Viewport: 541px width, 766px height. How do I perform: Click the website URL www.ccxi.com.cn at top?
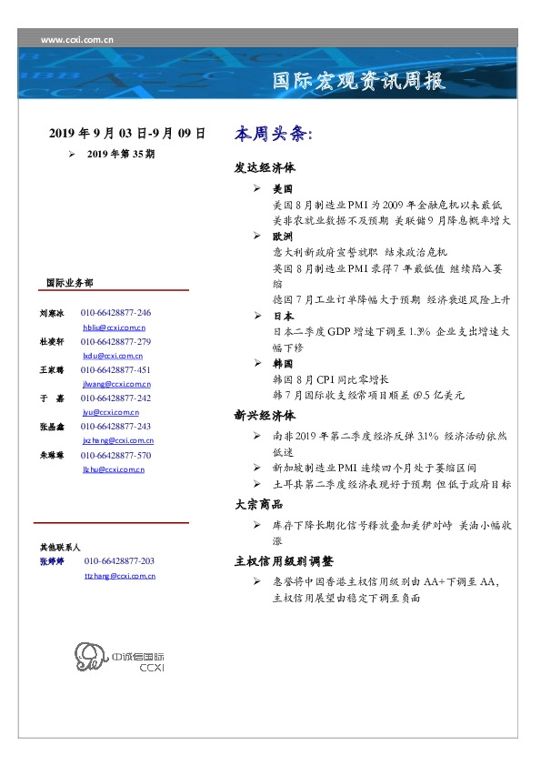pyautogui.click(x=77, y=39)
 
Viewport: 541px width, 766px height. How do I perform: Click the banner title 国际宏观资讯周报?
pyautogui.click(x=359, y=81)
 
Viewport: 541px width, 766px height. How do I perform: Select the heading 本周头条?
pyautogui.click(x=273, y=134)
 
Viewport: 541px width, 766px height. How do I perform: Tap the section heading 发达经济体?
pyautogui.click(x=264, y=168)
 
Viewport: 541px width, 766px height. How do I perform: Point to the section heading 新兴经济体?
pyautogui.click(x=264, y=416)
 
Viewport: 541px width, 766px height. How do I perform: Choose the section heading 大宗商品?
pyautogui.click(x=258, y=504)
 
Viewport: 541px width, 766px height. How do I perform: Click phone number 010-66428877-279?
pyautogui.click(x=115, y=341)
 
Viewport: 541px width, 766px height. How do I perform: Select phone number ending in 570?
pyautogui.click(x=115, y=455)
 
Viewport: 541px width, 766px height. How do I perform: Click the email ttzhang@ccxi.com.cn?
pyautogui.click(x=119, y=576)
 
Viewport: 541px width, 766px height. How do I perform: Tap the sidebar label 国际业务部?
pyautogui.click(x=68, y=282)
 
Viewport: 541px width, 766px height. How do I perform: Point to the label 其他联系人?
pyautogui.click(x=59, y=548)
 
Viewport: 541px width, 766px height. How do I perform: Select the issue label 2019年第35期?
pyautogui.click(x=121, y=155)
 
